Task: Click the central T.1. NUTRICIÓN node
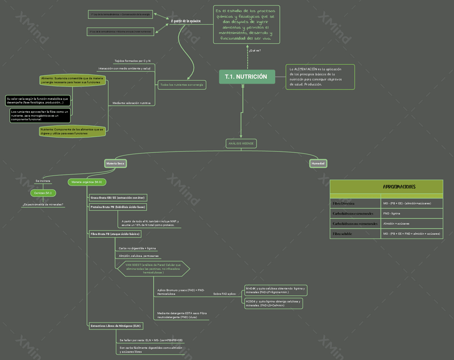246,77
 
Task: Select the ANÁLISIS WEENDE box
241,143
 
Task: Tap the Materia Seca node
115,163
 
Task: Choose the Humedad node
318,163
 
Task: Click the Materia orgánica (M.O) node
87,182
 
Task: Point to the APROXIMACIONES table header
387,187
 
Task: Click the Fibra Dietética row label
344,204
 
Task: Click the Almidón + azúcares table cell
397,224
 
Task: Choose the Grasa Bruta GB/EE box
117,198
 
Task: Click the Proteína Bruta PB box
117,207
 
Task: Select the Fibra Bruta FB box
115,234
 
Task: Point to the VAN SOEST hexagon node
154,269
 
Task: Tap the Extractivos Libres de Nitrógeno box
116,326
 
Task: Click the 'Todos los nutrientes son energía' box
182,85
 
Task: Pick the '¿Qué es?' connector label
255,51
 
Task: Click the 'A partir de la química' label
186,21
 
